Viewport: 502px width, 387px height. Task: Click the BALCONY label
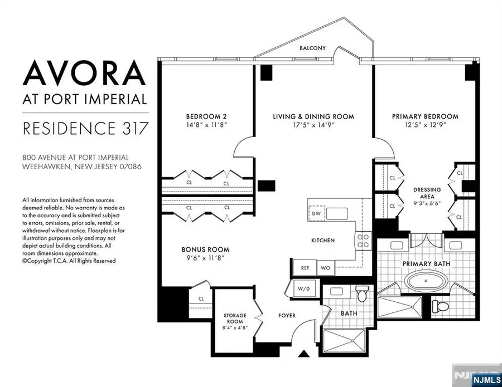click(312, 48)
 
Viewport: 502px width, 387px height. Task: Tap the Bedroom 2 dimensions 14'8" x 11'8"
click(207, 125)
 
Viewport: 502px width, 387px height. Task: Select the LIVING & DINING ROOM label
click(313, 116)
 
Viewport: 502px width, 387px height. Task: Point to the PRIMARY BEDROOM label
click(425, 116)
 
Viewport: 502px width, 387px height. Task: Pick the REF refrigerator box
click(305, 267)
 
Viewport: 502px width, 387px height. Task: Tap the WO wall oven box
click(325, 267)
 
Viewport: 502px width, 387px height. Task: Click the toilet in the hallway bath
click(361, 293)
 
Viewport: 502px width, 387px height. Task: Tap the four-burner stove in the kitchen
click(363, 239)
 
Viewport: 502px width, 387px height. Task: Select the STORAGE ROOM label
click(235, 319)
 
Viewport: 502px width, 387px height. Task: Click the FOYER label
click(287, 316)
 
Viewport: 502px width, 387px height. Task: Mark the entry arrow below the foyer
click(303, 352)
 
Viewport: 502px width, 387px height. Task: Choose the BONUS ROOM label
click(205, 249)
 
